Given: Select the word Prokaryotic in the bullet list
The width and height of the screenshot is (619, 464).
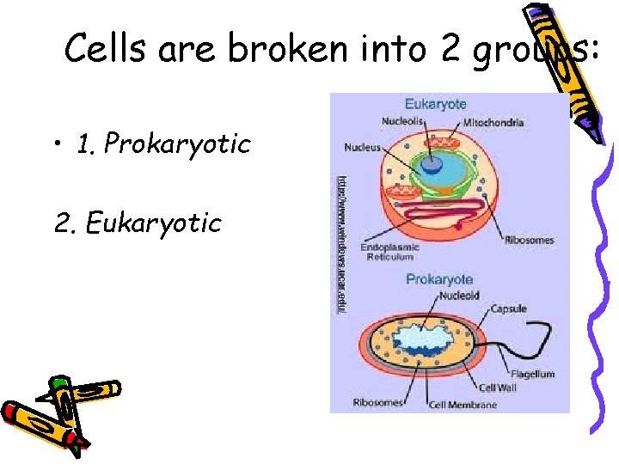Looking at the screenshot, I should (175, 144).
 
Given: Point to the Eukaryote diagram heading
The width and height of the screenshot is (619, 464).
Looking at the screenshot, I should (436, 105).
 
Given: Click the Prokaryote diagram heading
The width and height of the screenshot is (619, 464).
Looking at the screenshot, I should (438, 279).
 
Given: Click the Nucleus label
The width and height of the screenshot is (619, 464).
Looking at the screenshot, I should (362, 147).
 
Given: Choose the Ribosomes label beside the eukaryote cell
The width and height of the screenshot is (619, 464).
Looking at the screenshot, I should (529, 240).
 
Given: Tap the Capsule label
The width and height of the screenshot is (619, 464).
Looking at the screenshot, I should (508, 308).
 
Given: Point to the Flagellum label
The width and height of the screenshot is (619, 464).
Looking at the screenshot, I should (532, 374).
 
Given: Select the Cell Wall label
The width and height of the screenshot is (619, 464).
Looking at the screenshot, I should (497, 388).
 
